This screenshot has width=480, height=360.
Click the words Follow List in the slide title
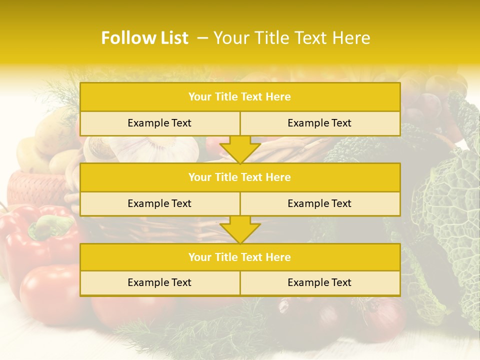pyautogui.click(x=144, y=38)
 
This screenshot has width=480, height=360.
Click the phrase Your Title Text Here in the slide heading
pyautogui.click(x=291, y=38)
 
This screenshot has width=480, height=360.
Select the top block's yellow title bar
pyautogui.click(x=240, y=97)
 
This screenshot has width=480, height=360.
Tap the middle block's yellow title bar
pyautogui.click(x=240, y=177)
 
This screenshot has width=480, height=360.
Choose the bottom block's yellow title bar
pyautogui.click(x=240, y=257)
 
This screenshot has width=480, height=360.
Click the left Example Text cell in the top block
pyautogui.click(x=159, y=123)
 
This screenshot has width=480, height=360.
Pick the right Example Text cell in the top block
pyautogui.click(x=319, y=123)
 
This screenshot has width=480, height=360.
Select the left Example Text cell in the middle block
pyautogui.click(x=159, y=203)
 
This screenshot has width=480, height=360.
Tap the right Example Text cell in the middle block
pyautogui.click(x=319, y=203)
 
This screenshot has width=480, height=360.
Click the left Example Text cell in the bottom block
pyautogui.click(x=159, y=282)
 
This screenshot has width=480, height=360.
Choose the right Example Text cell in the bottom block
pyautogui.click(x=319, y=282)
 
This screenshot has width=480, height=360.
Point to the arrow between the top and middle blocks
pyautogui.click(x=240, y=149)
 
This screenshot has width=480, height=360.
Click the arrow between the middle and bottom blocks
pyautogui.click(x=240, y=229)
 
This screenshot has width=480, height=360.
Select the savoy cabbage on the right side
pyautogui.click(x=445, y=210)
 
